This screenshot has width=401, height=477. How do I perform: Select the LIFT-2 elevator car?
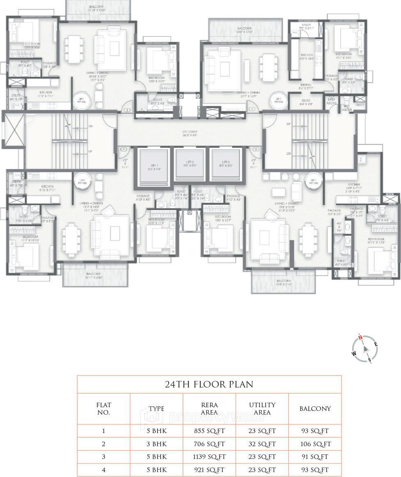tap(188, 165)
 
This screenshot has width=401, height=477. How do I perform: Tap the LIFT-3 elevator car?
tap(225, 165)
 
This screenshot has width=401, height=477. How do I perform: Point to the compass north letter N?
tap(360, 338)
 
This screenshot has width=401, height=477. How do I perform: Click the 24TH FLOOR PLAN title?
tap(209, 385)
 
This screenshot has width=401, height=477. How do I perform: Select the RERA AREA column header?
tap(209, 409)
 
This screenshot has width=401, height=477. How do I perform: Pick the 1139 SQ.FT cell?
tap(209, 457)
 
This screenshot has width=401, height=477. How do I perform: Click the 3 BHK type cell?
tap(156, 444)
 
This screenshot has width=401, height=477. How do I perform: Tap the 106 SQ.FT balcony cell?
tap(315, 444)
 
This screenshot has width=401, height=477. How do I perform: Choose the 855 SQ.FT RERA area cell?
tap(209, 431)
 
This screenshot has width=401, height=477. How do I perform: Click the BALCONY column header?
tap(315, 409)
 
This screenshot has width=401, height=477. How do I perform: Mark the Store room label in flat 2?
tap(306, 102)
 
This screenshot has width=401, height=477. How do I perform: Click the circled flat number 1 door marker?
tap(127, 110)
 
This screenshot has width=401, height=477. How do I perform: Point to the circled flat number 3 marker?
tap(256, 149)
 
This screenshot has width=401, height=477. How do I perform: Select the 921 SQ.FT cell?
tap(209, 470)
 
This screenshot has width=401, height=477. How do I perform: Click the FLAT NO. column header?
tap(104, 409)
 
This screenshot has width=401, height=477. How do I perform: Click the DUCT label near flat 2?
tap(360, 105)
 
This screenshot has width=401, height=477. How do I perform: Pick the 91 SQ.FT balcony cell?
tap(315, 457)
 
